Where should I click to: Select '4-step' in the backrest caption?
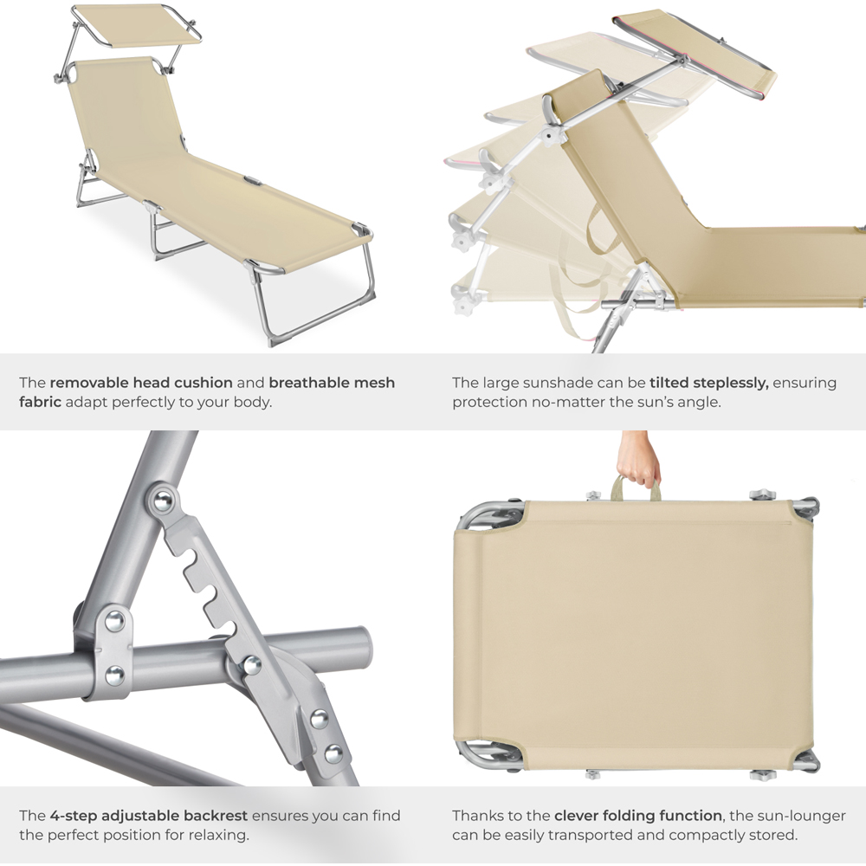click(x=73, y=817)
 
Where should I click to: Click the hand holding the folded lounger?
click(x=638, y=459)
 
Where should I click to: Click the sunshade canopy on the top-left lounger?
click(x=137, y=24)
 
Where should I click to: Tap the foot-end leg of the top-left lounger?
click(x=313, y=298)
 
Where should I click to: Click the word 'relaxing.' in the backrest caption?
click(x=219, y=836)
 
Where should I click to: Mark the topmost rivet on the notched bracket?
click(x=164, y=501)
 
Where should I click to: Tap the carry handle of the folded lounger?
click(x=635, y=486)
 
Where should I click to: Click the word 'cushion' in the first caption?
click(x=204, y=383)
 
